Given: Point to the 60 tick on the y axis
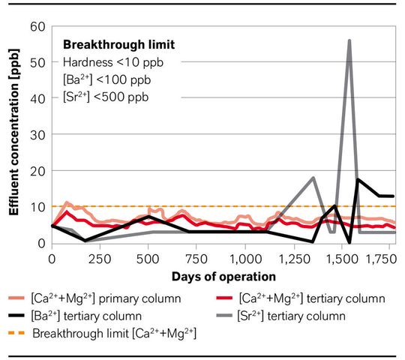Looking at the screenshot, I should pyautogui.click(x=38, y=26).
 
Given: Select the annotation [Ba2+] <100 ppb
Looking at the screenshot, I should pyautogui.click(x=101, y=80).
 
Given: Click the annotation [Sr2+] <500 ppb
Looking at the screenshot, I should pyautogui.click(x=100, y=98).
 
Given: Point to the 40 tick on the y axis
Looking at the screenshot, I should pyautogui.click(x=38, y=98).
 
